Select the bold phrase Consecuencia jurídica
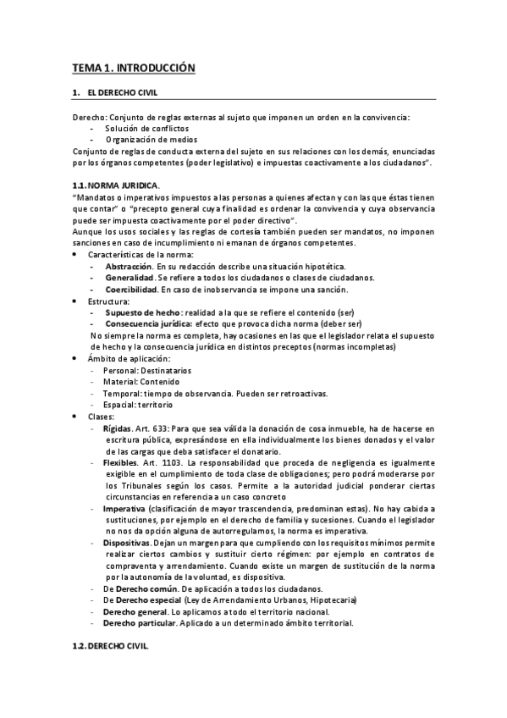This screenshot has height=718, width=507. [148, 323]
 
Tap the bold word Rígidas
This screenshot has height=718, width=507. [116, 428]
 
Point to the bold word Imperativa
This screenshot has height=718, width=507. [123, 509]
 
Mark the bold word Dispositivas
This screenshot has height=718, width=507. [127, 543]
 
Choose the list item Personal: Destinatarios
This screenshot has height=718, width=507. [146, 371]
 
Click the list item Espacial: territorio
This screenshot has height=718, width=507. [137, 405]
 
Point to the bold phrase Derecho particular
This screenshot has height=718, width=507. [140, 623]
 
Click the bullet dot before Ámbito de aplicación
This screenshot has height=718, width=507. [75, 359]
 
